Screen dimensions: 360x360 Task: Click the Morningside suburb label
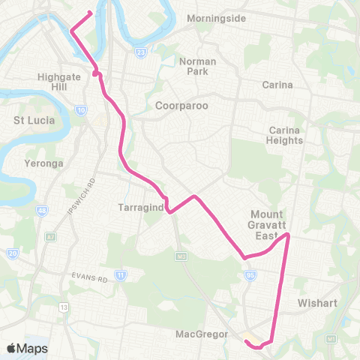(216, 17)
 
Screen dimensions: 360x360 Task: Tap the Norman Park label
(199, 67)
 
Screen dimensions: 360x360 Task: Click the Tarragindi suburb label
(140, 207)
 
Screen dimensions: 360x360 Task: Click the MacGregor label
(202, 333)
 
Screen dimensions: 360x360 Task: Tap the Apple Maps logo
(27, 348)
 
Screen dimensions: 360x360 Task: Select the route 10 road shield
(79, 110)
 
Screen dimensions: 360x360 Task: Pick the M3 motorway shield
(181, 256)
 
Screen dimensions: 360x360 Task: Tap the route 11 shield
(120, 276)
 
